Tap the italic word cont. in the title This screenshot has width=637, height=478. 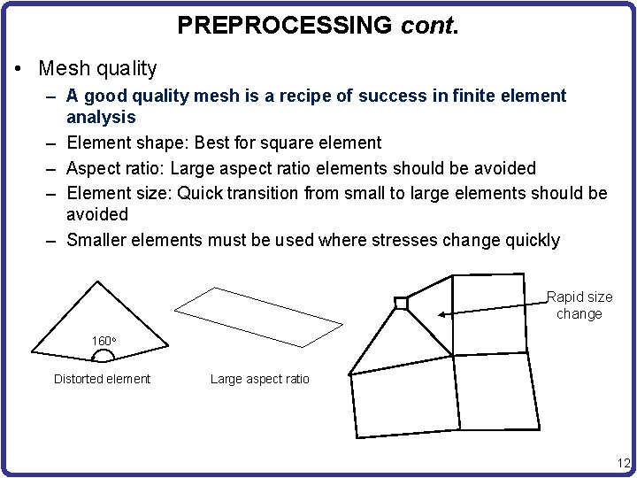(429, 25)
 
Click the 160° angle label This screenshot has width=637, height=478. (104, 341)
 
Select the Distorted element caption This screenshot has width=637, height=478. (102, 379)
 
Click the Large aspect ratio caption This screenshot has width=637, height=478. (259, 379)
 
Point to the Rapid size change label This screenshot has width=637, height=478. (579, 305)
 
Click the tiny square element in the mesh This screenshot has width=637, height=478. (401, 304)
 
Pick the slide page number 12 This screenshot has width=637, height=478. (624, 463)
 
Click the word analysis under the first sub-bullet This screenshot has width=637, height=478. (101, 118)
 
